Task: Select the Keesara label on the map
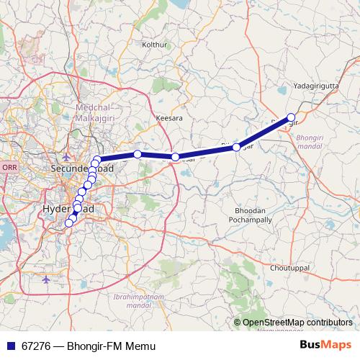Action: (170, 117)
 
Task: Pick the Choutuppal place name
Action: (289, 267)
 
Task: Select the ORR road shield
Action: (9, 167)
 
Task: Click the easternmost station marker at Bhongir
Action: (291, 117)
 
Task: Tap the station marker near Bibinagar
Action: (236, 147)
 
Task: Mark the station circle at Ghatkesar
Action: (175, 156)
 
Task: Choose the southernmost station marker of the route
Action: (69, 222)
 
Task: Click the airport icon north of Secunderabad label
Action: (66, 157)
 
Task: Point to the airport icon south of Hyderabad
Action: (46, 279)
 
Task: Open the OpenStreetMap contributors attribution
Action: (297, 323)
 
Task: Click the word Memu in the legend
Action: (140, 346)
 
